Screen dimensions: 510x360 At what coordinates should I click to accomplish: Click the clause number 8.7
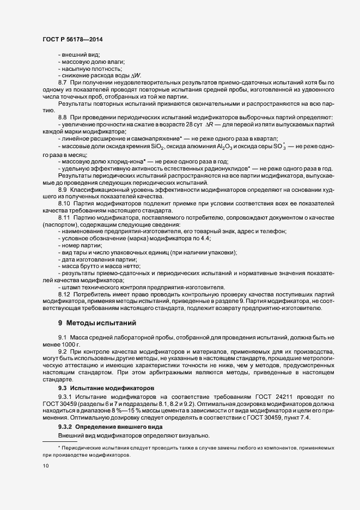click(x=62, y=82)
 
